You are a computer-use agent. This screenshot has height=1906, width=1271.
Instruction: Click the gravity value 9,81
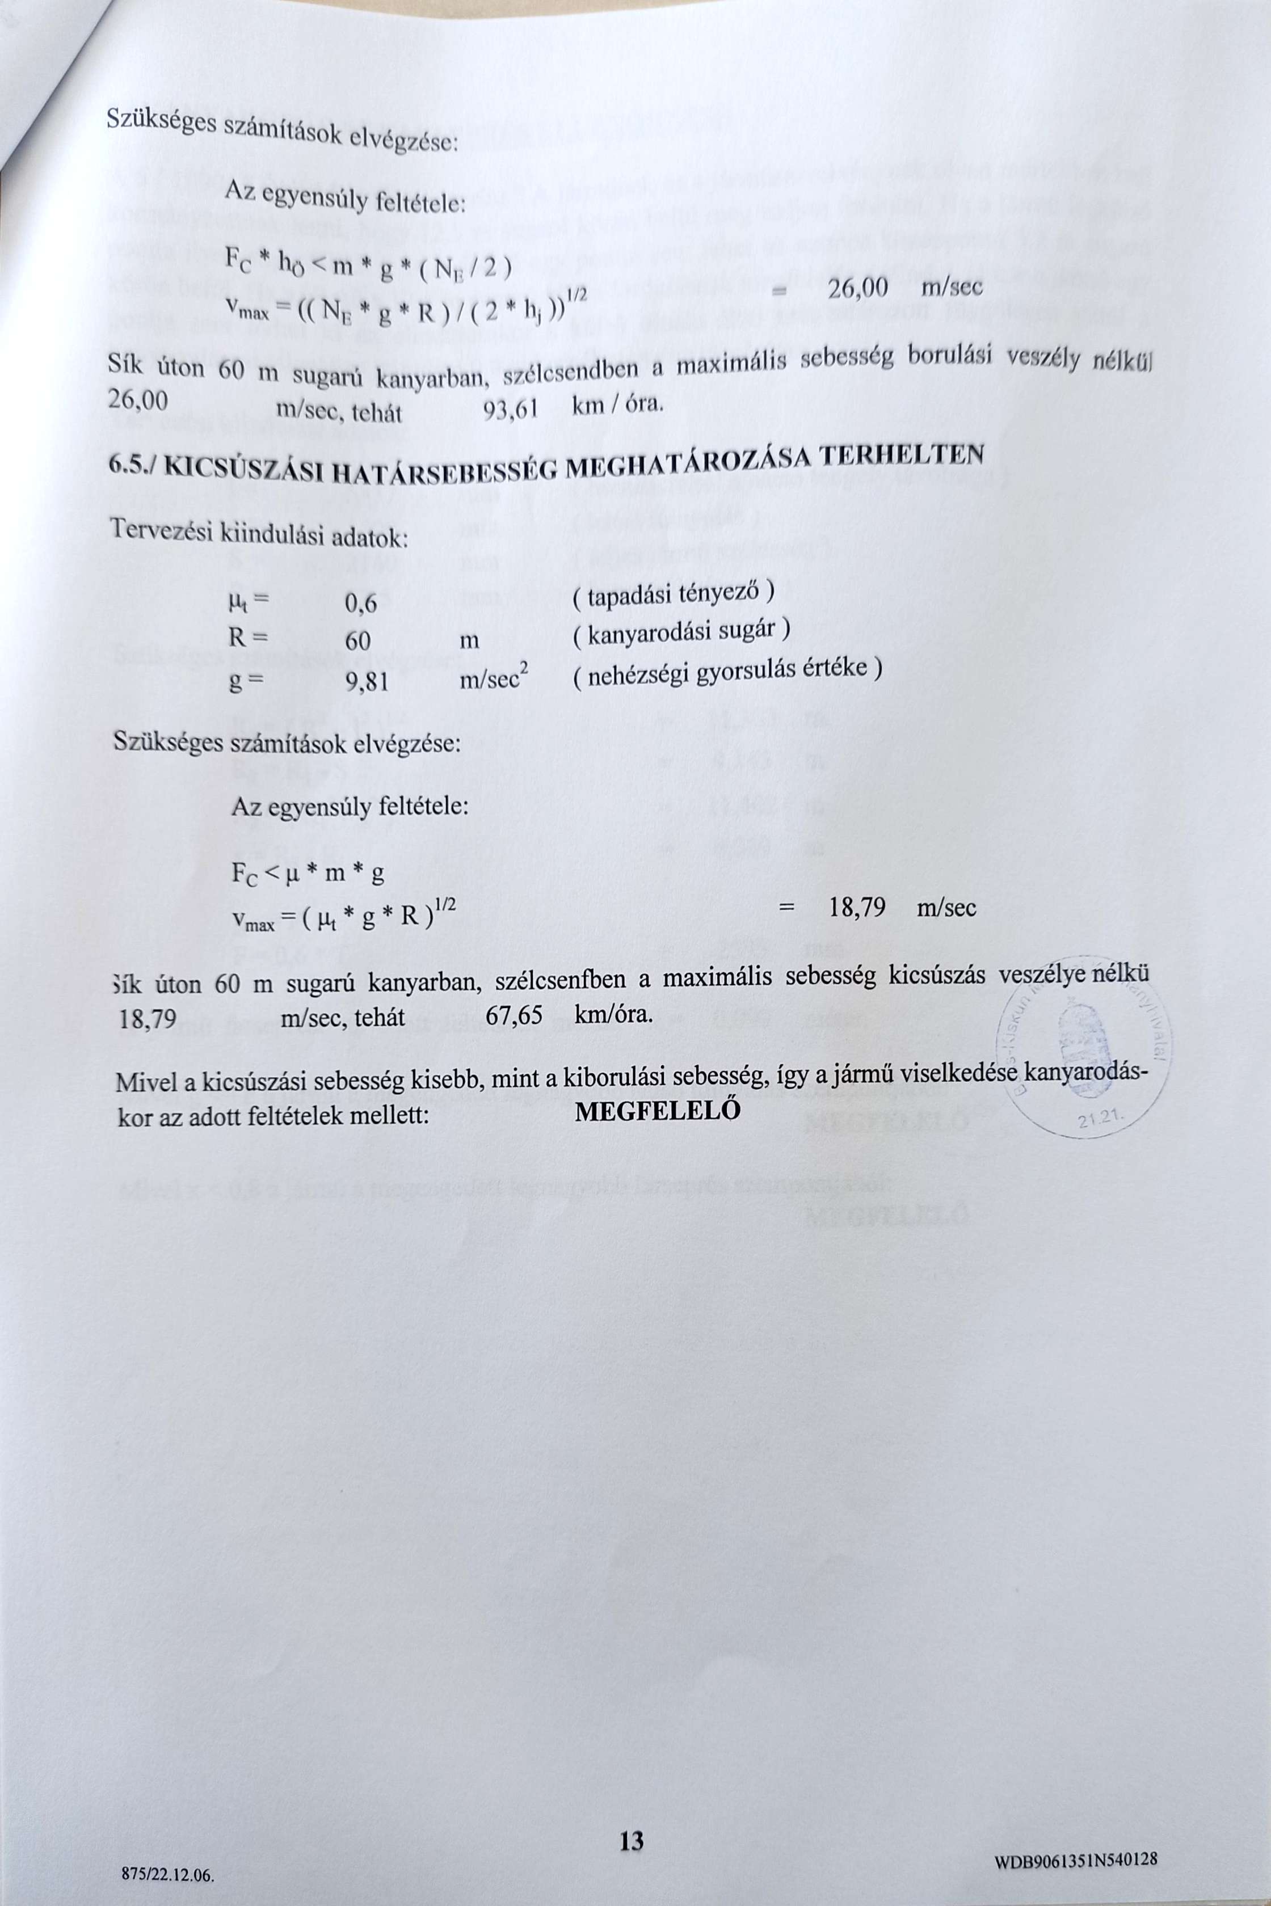(x=367, y=683)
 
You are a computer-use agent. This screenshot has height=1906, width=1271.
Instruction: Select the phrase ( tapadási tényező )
(x=674, y=594)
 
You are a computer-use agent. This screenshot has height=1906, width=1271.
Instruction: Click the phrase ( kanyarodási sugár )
(x=681, y=631)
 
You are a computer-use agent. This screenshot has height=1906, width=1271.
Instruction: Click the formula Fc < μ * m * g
(x=307, y=874)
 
